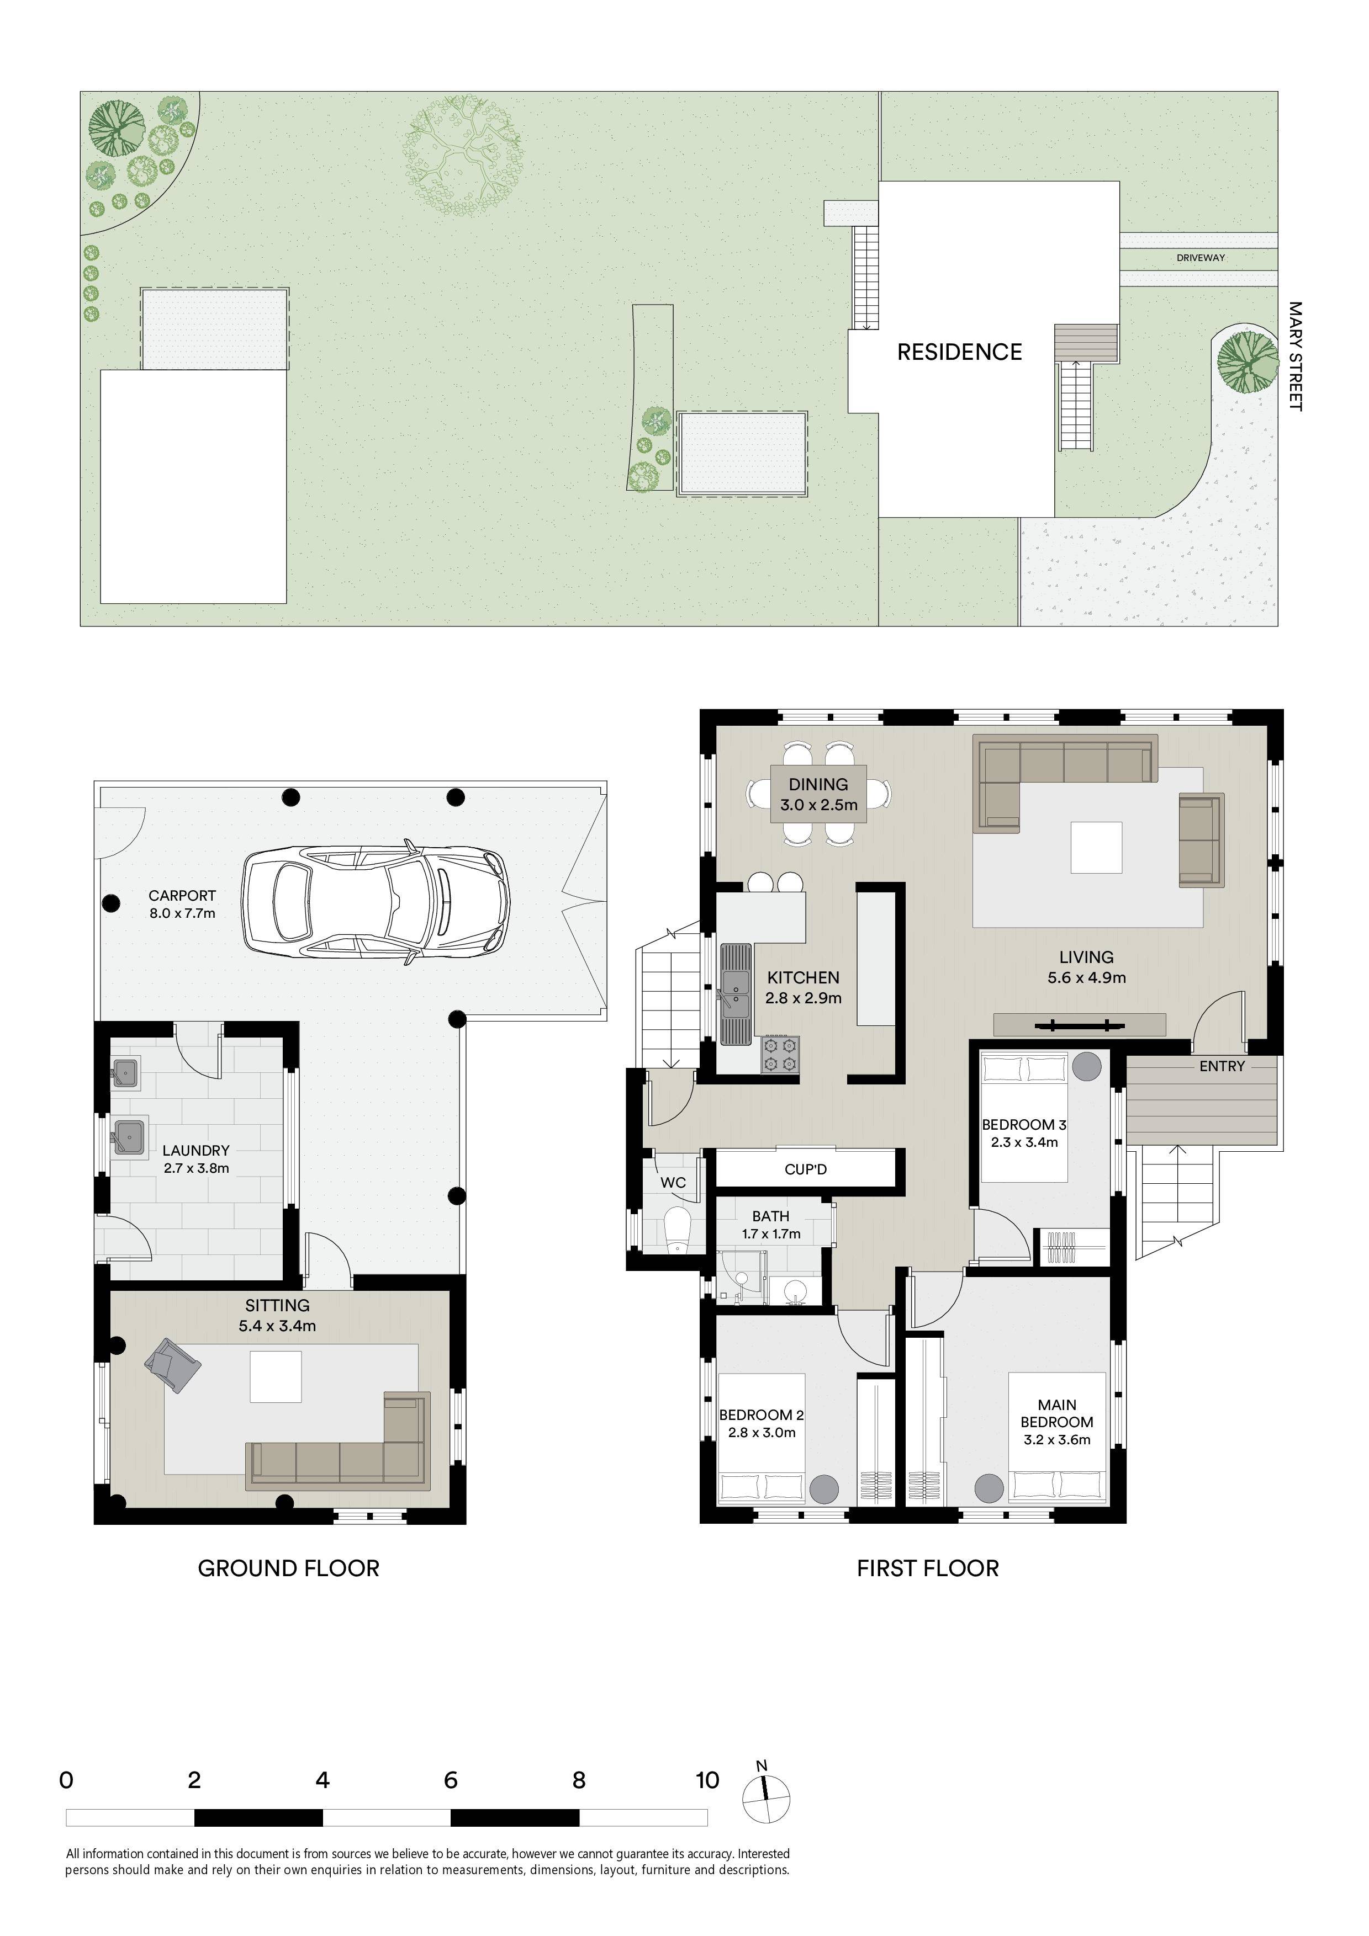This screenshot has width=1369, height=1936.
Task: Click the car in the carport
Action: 376,901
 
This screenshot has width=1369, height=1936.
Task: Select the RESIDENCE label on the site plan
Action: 959,353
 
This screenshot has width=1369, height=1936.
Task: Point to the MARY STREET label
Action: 1295,357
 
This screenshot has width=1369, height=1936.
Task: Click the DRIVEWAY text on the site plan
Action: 1201,258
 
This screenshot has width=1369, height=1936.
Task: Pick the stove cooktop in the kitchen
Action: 780,1055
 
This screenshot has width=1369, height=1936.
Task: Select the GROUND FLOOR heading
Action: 288,1568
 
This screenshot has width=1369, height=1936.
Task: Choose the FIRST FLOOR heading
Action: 928,1568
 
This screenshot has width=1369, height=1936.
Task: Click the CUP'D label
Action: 806,1169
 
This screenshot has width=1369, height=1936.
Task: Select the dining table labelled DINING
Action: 818,794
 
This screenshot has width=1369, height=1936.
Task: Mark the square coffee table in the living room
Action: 1097,848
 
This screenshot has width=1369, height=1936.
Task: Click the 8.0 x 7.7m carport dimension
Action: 182,913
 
